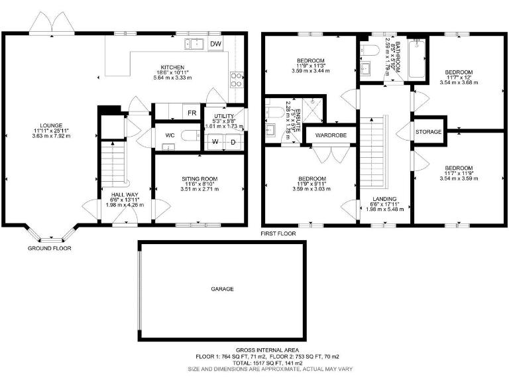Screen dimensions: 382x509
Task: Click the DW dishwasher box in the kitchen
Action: coord(215,44)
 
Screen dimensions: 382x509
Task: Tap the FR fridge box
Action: coord(192,113)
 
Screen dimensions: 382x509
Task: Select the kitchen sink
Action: coord(195,44)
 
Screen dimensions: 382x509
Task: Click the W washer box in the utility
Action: coord(216,142)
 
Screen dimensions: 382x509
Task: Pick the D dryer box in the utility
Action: coord(233,142)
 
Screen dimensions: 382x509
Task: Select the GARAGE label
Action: coord(222,289)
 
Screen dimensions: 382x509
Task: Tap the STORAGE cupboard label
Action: coord(428,133)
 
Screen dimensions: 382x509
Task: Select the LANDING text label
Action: coord(384,199)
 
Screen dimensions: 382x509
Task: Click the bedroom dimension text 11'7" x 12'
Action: coord(459,78)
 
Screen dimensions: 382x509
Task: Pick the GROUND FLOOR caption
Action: coord(49,249)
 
